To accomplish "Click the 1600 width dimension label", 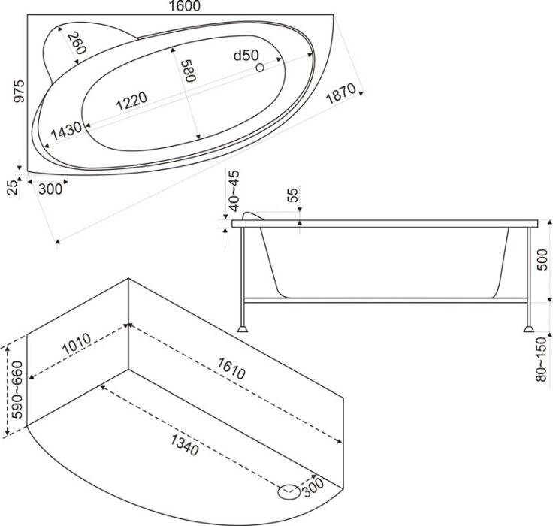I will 180,7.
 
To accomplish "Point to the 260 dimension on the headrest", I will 75,44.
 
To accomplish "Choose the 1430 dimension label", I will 65,130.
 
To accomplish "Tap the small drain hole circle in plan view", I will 261,68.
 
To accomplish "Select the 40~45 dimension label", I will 234,190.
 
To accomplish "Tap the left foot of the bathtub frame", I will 243,327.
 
